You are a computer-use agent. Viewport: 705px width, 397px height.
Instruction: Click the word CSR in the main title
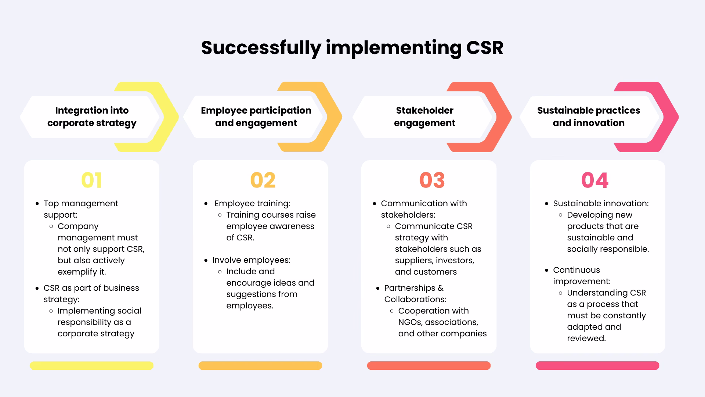tap(485, 48)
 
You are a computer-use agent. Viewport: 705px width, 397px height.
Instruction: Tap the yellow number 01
tap(91, 180)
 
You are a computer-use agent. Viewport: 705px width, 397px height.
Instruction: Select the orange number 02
tap(263, 180)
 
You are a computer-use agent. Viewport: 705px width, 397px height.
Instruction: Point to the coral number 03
tap(432, 180)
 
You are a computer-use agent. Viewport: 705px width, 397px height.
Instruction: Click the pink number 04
tap(594, 180)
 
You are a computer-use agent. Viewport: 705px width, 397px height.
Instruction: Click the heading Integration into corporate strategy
tap(92, 117)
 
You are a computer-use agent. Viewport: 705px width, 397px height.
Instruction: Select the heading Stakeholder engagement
tap(424, 117)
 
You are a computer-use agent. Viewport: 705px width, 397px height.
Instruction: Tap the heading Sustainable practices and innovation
tap(588, 117)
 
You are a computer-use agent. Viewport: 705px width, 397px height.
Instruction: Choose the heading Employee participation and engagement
tap(256, 117)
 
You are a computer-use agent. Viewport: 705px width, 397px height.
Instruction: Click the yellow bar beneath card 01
tap(91, 365)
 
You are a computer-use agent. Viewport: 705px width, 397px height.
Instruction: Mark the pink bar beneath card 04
tap(597, 365)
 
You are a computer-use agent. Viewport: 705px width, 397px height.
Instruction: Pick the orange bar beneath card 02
tap(260, 365)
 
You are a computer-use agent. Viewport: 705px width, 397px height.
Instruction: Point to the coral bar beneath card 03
tap(429, 365)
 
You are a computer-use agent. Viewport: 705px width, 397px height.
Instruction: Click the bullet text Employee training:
tap(252, 203)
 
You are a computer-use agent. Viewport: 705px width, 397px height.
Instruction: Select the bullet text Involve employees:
tap(251, 260)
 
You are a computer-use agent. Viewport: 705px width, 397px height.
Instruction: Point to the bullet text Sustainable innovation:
tap(601, 203)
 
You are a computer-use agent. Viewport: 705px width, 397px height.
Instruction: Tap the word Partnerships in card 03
tap(409, 288)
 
